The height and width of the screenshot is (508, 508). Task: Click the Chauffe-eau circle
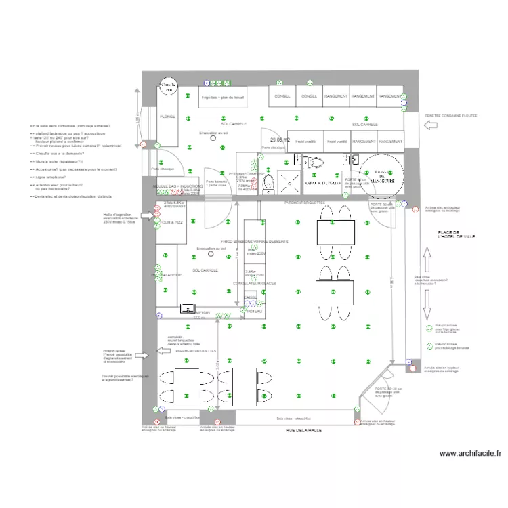tap(167, 87)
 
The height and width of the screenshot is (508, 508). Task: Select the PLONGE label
tap(167, 117)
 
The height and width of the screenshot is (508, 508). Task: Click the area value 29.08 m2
tap(279, 140)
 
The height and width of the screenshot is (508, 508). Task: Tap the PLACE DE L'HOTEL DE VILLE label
tap(453, 235)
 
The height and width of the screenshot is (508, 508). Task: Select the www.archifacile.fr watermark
tap(471, 454)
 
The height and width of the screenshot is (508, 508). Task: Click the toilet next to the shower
tap(268, 181)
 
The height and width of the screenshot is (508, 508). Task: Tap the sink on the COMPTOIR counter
tap(188, 308)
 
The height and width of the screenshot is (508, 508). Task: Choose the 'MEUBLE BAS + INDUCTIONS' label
tap(177, 186)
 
